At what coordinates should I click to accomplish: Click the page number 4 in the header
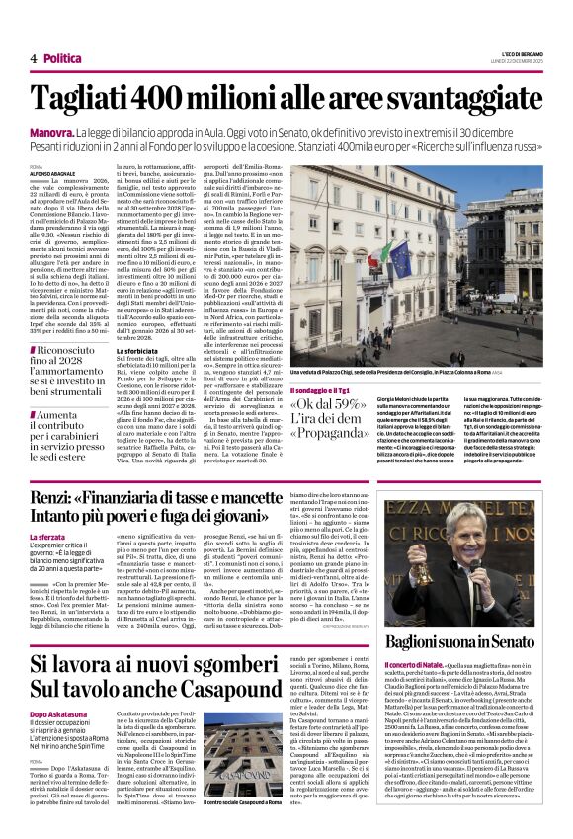[33, 58]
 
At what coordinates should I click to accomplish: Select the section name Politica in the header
[63, 58]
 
